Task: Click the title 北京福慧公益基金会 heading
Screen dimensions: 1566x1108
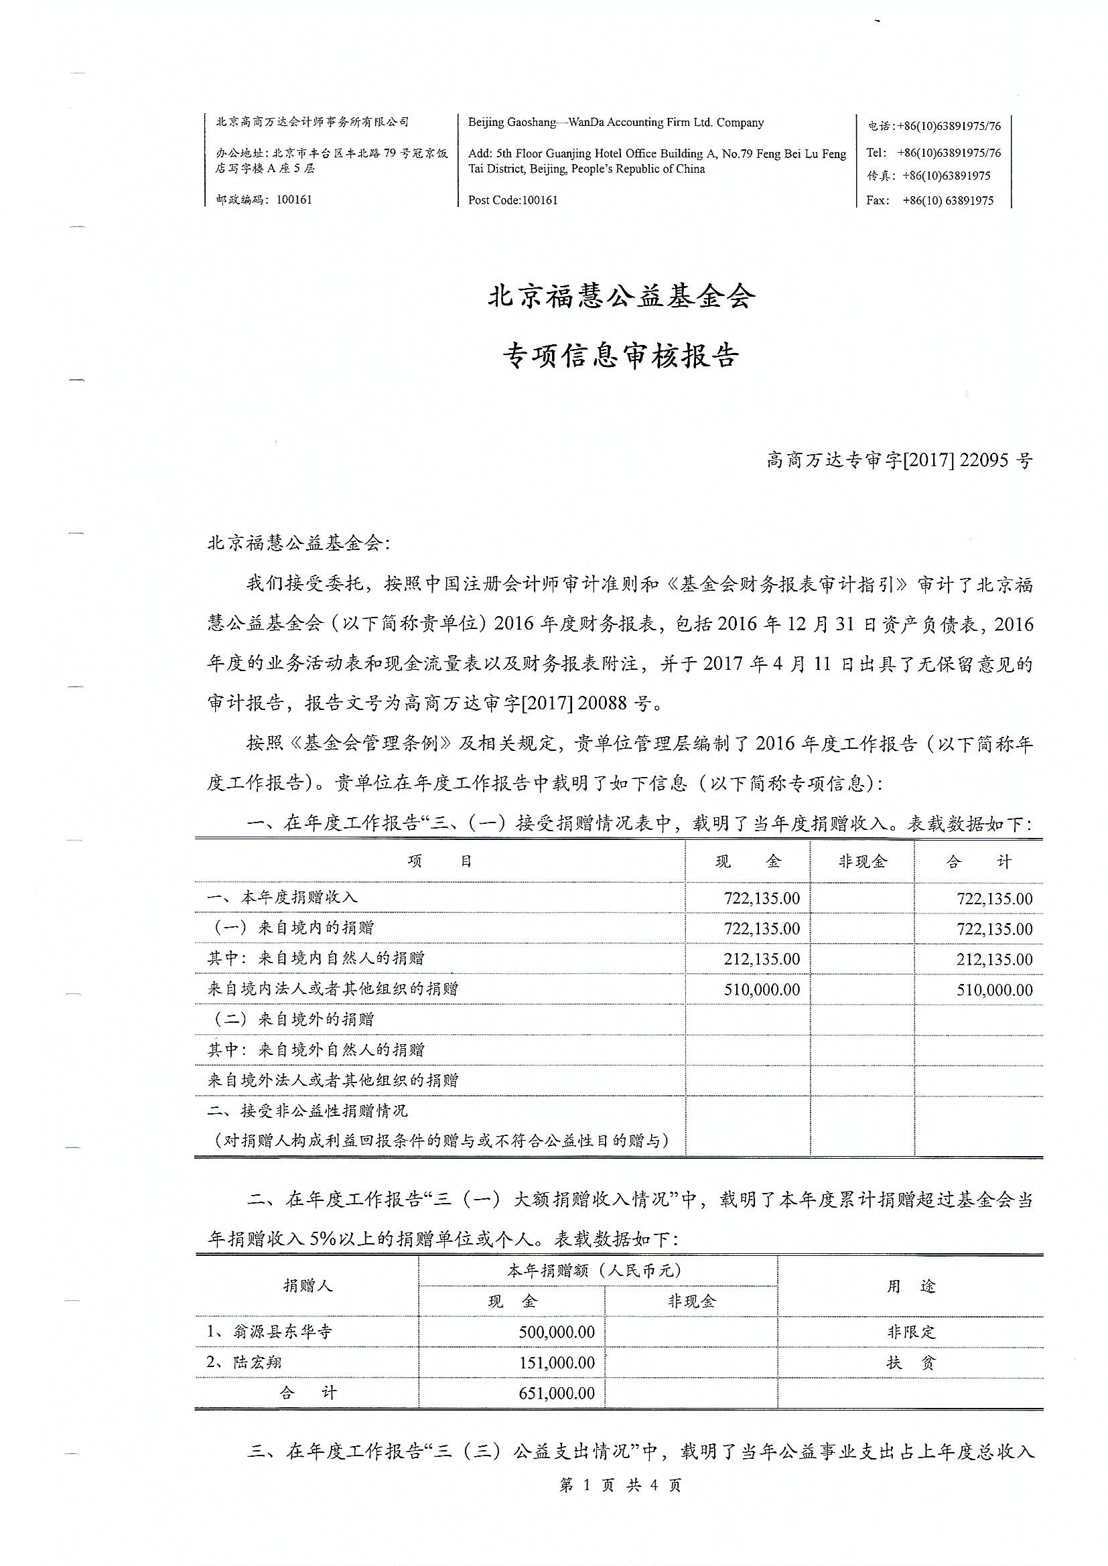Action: [622, 297]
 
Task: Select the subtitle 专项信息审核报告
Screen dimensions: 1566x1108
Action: [622, 356]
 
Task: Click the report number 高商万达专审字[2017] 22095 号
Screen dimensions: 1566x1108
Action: [899, 461]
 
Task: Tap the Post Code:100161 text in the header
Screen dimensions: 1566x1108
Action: [513, 200]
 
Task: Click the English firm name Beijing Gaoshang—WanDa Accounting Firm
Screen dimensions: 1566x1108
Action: [616, 123]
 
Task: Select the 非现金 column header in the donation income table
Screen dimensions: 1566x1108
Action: [862, 861]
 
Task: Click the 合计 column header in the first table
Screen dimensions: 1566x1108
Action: [978, 861]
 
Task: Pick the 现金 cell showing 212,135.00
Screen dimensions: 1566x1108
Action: [762, 959]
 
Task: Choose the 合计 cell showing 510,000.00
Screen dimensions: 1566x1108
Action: [994, 990]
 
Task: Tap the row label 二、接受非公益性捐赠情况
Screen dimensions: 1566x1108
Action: [307, 1111]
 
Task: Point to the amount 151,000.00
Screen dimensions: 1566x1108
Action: [556, 1363]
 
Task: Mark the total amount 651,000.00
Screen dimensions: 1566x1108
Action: [556, 1393]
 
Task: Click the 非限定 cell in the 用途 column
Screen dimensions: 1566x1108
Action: [911, 1332]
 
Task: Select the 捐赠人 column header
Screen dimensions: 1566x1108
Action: [307, 1285]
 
